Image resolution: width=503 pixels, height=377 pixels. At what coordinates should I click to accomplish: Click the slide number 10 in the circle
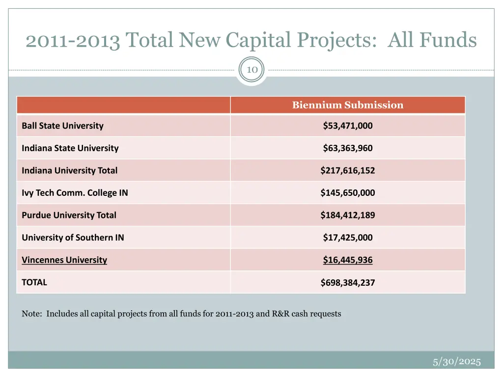pos(251,70)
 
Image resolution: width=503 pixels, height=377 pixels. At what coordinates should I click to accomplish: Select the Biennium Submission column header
pos(347,105)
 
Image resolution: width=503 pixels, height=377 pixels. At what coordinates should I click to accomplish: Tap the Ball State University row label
pos(62,126)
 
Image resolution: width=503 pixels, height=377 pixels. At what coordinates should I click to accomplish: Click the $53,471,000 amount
pos(347,126)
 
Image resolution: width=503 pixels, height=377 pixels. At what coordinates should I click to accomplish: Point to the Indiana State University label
pos(70,148)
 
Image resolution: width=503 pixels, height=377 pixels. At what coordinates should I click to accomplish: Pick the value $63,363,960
pos(347,148)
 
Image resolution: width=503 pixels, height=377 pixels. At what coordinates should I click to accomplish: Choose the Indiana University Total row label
pos(69,171)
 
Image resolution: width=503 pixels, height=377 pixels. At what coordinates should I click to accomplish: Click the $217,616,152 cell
pos(347,171)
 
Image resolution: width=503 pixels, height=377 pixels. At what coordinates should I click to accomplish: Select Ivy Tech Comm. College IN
pos(75,193)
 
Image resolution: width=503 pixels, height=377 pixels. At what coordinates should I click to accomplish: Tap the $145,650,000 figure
pos(347,193)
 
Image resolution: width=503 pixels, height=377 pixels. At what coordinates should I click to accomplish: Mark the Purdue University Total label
pos(69,215)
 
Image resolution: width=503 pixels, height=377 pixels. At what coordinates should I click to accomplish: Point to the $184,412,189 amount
pos(347,215)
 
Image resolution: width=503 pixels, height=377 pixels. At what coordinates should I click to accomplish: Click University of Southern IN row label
pos(73,238)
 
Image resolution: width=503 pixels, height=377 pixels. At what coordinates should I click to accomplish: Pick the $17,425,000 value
pos(347,238)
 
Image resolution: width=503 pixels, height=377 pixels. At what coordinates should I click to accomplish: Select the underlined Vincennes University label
pos(64,260)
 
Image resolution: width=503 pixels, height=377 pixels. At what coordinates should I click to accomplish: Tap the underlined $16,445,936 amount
pos(347,260)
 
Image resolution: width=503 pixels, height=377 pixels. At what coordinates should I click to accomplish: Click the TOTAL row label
pos(34,282)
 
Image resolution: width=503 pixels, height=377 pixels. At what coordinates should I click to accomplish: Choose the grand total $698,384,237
pos(347,283)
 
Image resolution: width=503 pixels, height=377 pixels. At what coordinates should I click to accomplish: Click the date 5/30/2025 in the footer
pos(456,362)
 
